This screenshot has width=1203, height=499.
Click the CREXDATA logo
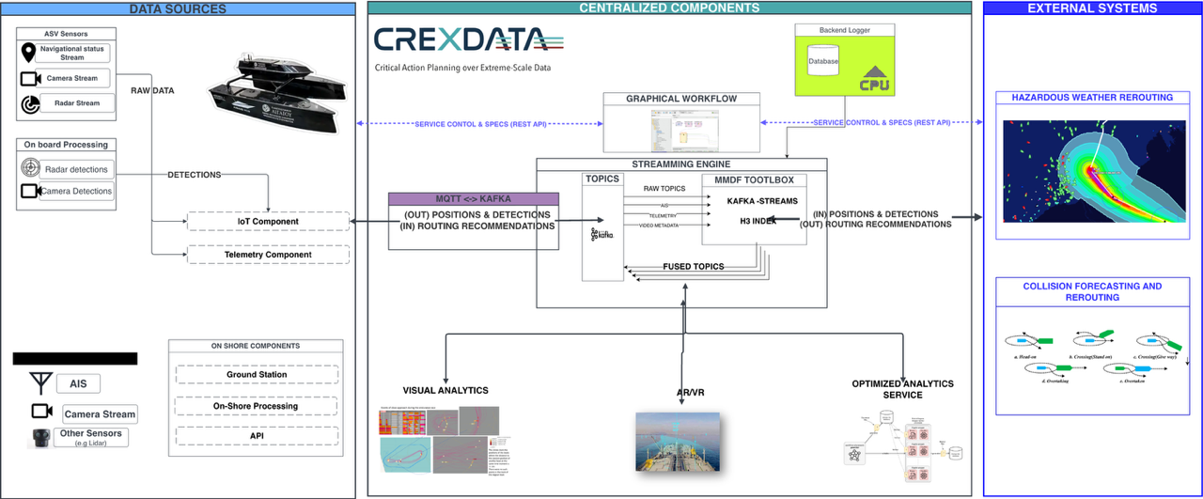coord(461,40)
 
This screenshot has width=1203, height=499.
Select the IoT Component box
coord(268,222)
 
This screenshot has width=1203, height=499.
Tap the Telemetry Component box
coord(268,254)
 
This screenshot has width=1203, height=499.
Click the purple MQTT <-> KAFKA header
coord(474,200)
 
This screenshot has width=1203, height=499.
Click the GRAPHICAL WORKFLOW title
coord(681,99)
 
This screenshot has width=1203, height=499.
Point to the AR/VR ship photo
coord(678,441)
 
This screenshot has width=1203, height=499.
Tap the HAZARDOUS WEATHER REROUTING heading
coord(1091,98)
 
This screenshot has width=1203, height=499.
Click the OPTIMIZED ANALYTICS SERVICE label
coord(902,389)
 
